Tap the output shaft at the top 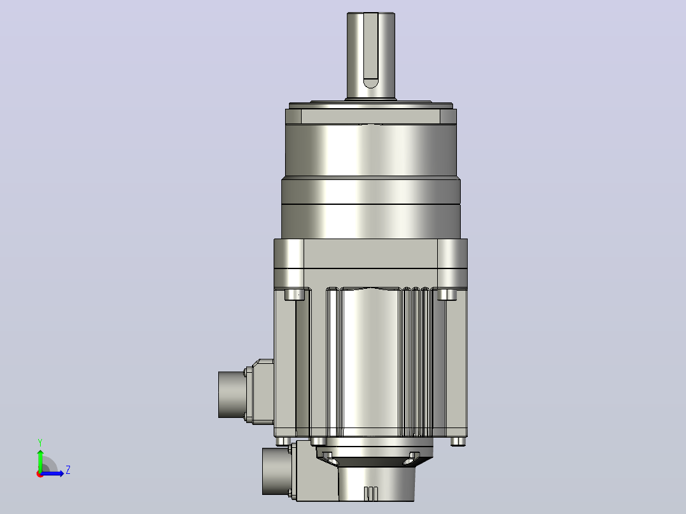click(x=371, y=55)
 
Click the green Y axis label click(x=40, y=442)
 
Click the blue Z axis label click(x=68, y=470)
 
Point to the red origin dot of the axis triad click(x=40, y=474)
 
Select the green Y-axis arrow click(x=40, y=460)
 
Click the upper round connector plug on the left click(x=232, y=394)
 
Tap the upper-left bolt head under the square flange click(x=295, y=294)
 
